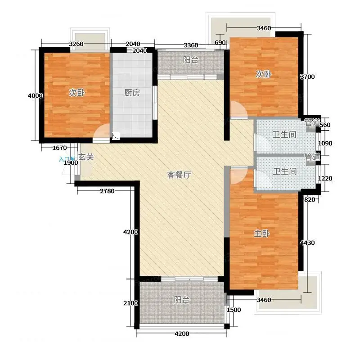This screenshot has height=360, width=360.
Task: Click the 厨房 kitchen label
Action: pyautogui.click(x=132, y=93)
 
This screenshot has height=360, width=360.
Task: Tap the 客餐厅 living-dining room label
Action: pyautogui.click(x=179, y=175)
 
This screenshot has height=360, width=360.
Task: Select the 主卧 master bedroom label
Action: pyautogui.click(x=262, y=234)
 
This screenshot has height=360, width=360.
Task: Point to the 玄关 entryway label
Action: pyautogui.click(x=86, y=157)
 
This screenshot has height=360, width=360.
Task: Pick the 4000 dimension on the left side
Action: pyautogui.click(x=35, y=95)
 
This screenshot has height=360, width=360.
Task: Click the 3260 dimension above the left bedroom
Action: pyautogui.click(x=76, y=44)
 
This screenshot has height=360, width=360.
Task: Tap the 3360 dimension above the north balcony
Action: pyautogui.click(x=191, y=45)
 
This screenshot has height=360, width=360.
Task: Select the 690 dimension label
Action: pyautogui.click(x=220, y=42)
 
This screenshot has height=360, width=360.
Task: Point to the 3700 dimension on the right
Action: pyautogui.click(x=307, y=76)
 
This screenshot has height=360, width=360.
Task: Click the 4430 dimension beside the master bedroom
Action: pyautogui.click(x=307, y=243)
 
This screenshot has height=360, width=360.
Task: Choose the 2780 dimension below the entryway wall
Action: pyautogui.click(x=107, y=191)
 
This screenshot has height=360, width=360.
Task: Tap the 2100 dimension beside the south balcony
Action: pyautogui.click(x=130, y=303)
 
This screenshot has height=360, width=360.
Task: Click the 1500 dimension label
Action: pyautogui.click(x=234, y=310)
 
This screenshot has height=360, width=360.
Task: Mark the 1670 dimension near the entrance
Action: pyautogui.click(x=60, y=148)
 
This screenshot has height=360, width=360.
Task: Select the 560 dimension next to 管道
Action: pyautogui.click(x=325, y=125)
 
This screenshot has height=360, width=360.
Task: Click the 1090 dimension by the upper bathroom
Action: pyautogui.click(x=325, y=144)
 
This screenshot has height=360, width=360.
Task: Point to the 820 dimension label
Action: pyautogui.click(x=310, y=200)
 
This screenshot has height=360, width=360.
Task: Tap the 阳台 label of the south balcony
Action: pyautogui.click(x=182, y=300)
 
